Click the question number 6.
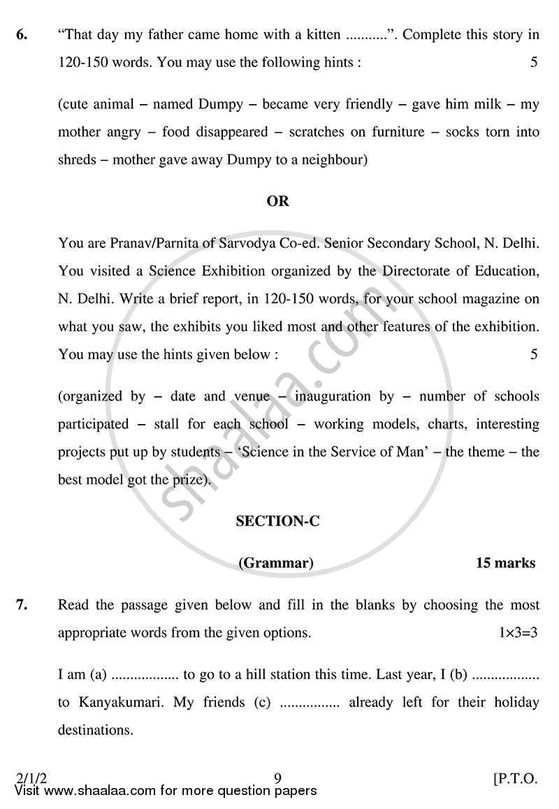point(21,34)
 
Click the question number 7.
point(21,605)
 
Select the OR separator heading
point(277,201)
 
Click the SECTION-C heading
point(277,521)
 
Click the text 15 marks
point(505,563)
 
